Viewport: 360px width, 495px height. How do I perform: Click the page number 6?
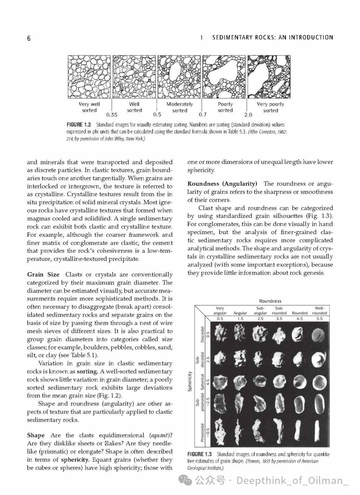click(29, 38)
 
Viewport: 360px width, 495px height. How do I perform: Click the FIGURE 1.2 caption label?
click(79, 125)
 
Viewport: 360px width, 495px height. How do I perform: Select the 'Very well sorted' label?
click(89, 107)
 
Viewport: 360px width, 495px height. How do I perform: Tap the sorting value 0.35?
click(112, 115)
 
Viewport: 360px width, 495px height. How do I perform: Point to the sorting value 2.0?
click(248, 115)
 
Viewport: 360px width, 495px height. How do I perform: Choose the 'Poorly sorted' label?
click(225, 107)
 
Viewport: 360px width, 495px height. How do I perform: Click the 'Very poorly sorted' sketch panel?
click(268, 77)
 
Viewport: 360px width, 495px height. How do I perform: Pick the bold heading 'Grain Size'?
click(43, 274)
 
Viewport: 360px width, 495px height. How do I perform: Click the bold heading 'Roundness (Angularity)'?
click(222, 184)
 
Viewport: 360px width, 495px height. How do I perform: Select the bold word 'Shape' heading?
click(36, 435)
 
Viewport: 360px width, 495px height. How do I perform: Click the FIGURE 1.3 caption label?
click(199, 454)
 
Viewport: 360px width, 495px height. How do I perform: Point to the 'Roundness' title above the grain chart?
click(270, 301)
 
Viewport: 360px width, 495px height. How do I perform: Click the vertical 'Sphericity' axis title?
click(190, 381)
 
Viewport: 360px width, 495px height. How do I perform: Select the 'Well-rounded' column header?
click(319, 310)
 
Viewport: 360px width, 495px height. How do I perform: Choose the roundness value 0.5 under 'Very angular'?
click(220, 318)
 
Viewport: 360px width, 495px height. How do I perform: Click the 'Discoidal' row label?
click(202, 334)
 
